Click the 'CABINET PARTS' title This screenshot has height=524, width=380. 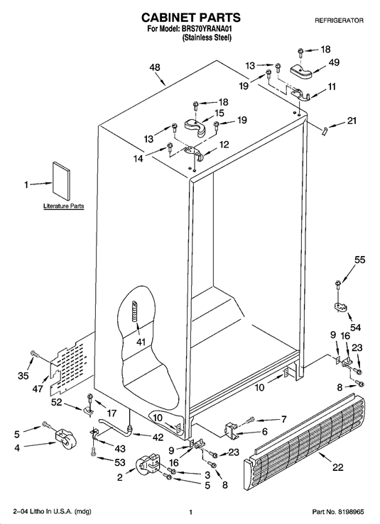[191, 18]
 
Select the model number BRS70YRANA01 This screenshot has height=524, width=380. [207, 30]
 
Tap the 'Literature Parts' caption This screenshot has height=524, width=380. [64, 206]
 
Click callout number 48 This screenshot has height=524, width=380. [155, 67]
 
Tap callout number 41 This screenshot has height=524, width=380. [141, 342]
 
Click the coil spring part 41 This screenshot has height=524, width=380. [134, 311]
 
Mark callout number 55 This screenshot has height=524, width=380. [360, 260]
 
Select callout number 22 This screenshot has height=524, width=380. [338, 467]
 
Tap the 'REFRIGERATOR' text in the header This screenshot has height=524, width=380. [339, 21]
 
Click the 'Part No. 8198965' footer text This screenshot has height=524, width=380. [337, 512]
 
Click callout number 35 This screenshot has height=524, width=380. [23, 376]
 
